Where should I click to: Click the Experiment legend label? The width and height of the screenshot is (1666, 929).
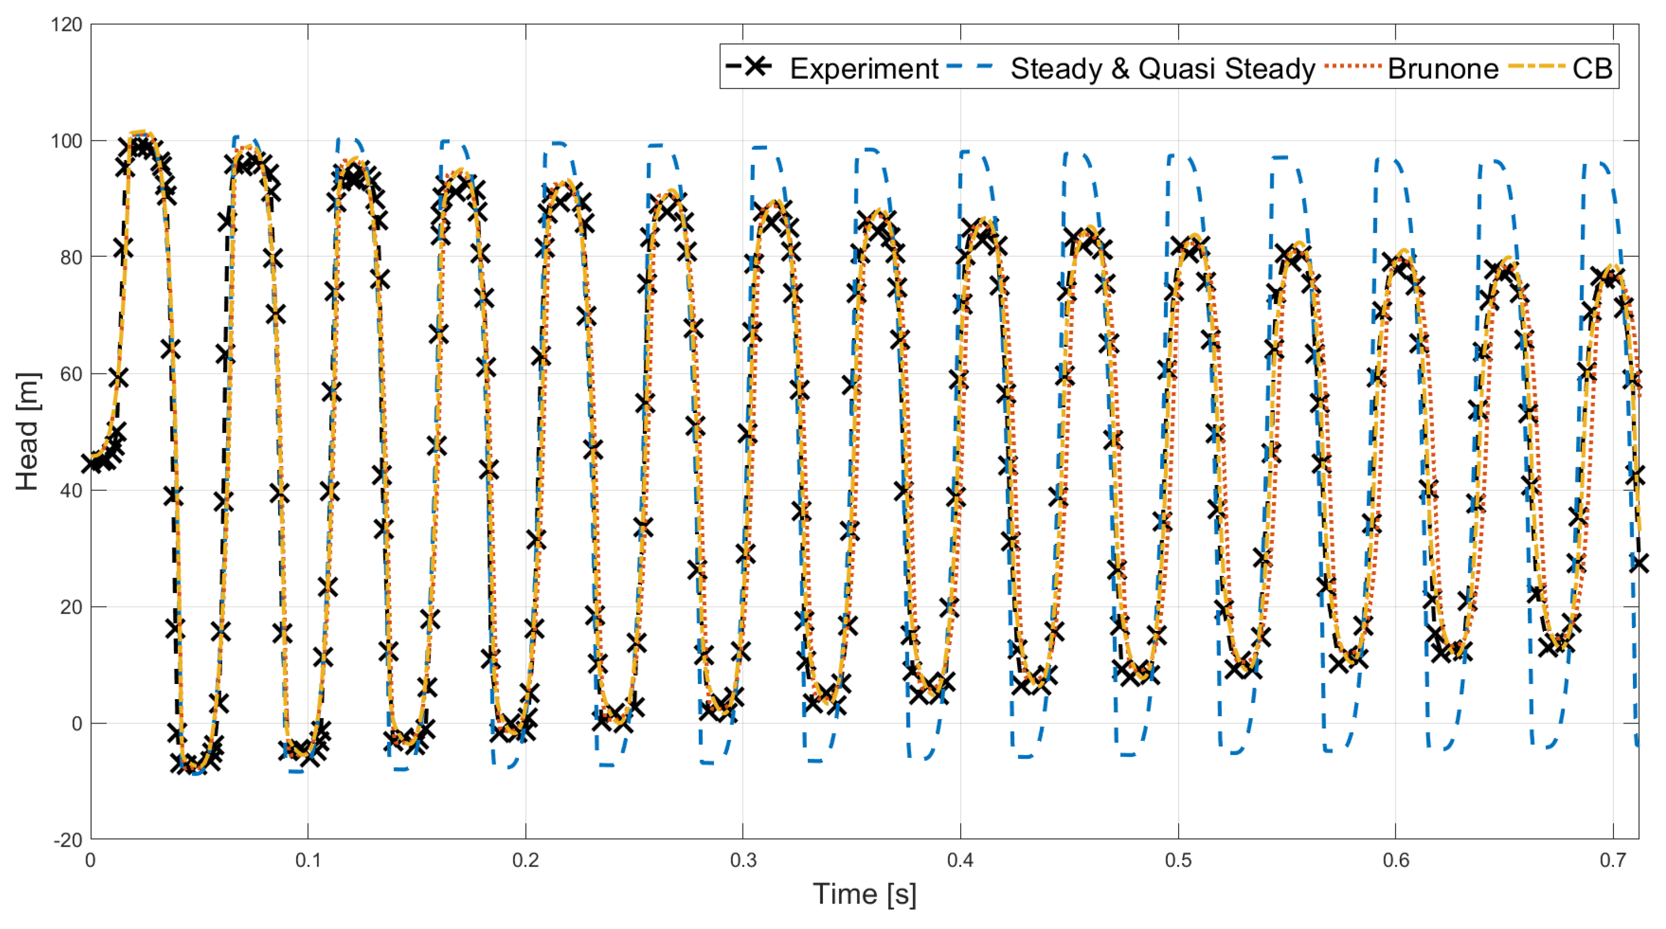864,68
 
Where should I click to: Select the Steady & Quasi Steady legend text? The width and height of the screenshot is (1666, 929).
1162,68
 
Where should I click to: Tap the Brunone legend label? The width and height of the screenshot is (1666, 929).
1442,68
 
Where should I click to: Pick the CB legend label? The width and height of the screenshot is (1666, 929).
1592,68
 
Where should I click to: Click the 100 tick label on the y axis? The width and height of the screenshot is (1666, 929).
67,141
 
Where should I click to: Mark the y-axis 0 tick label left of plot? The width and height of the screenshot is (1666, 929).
77,724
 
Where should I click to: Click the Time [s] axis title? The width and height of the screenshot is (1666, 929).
865,894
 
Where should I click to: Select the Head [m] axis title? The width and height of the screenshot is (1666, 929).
28,431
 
